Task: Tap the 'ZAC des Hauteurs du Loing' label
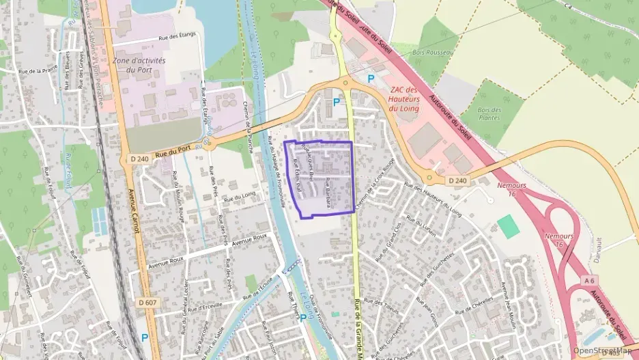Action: click(403, 99)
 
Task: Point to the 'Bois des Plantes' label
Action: click(489, 113)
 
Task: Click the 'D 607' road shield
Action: click(147, 302)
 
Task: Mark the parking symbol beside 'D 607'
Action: click(144, 337)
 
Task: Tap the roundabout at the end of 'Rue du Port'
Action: click(208, 144)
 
